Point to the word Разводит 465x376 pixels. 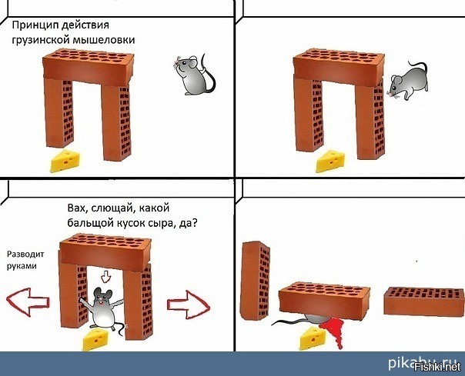[x=25, y=255]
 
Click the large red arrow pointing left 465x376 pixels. [x=28, y=302]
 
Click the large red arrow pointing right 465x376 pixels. [x=189, y=304]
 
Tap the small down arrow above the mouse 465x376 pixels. [x=105, y=277]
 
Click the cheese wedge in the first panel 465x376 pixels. [x=65, y=161]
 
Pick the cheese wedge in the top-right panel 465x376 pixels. [x=330, y=161]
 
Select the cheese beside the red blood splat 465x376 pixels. [x=313, y=338]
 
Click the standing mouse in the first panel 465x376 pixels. [x=194, y=75]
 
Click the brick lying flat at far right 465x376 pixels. [x=424, y=301]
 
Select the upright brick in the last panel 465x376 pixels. [x=256, y=281]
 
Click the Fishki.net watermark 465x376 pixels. [x=438, y=368]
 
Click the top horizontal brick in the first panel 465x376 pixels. [x=88, y=68]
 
